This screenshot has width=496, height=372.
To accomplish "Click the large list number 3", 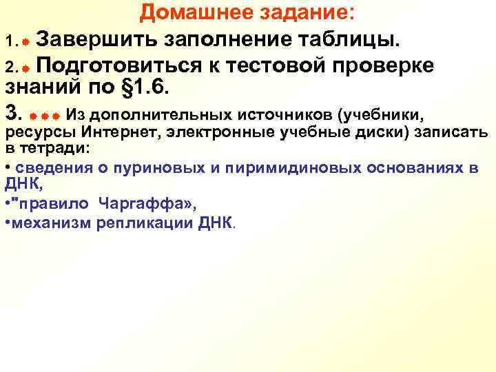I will (x=10, y=112).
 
